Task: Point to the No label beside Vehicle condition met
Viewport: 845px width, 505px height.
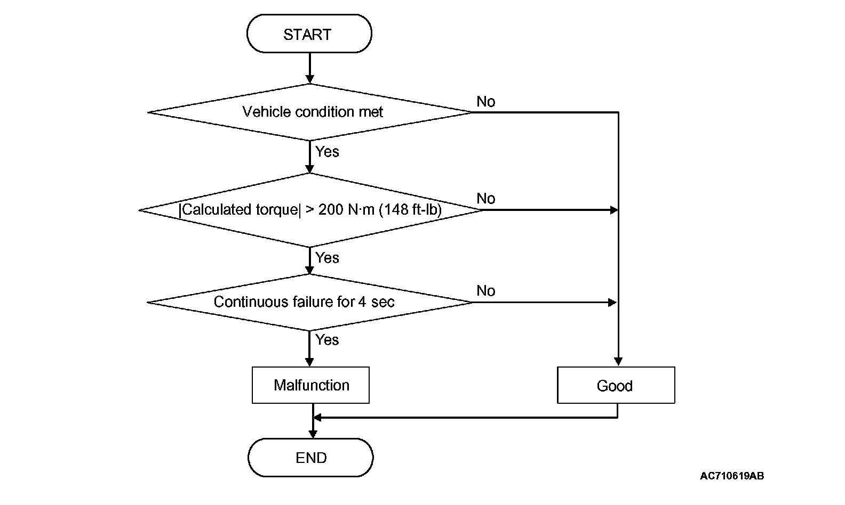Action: pos(486,102)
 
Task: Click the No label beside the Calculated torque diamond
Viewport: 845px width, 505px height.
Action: pos(486,199)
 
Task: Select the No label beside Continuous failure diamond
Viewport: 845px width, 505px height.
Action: pos(486,291)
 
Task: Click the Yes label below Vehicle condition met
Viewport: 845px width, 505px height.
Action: pos(327,152)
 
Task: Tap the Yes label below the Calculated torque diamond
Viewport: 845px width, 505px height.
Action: pos(327,258)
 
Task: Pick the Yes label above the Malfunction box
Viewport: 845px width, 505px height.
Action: pos(327,340)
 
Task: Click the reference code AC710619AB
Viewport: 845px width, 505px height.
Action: pos(732,476)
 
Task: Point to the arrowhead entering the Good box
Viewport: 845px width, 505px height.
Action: pos(618,362)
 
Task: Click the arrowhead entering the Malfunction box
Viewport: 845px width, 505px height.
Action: pos(309,362)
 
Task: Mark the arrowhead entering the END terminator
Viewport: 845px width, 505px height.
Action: pos(313,434)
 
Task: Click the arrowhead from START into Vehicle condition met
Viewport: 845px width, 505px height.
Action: pos(310,79)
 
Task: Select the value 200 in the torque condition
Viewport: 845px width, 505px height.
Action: pos(331,210)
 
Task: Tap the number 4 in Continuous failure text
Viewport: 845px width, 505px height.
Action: pos(362,302)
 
